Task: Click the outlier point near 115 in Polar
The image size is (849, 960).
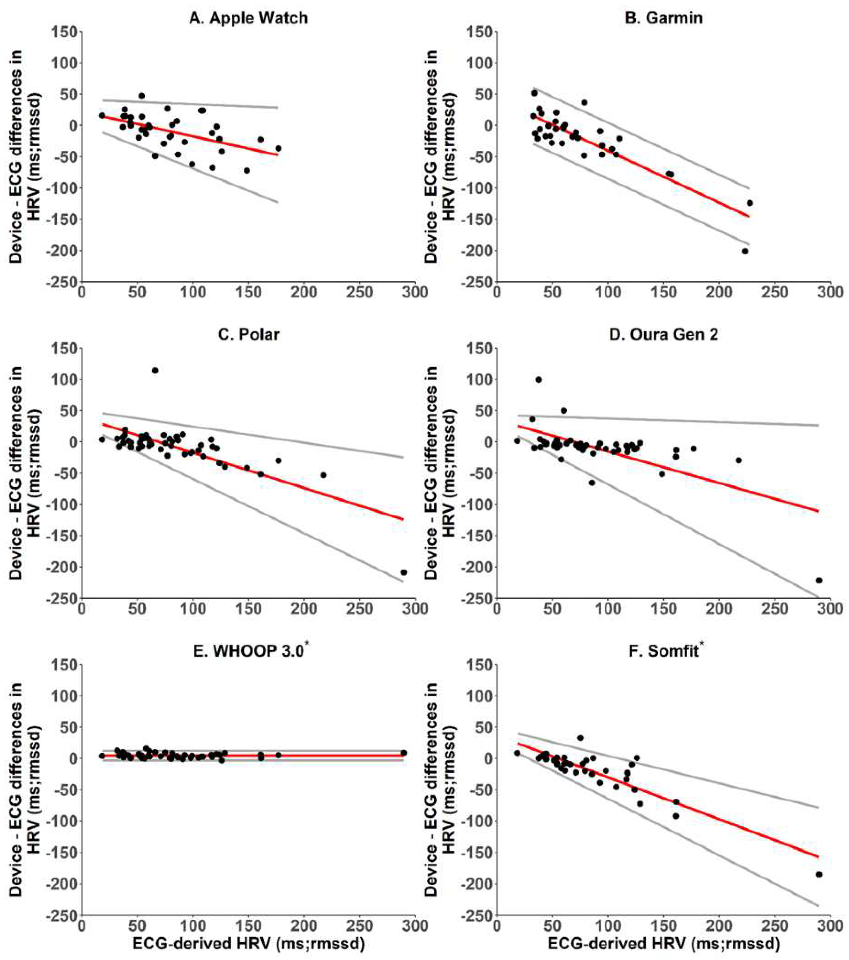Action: (x=155, y=370)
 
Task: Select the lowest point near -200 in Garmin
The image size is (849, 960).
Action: (x=745, y=251)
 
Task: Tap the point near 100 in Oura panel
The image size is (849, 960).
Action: (x=538, y=380)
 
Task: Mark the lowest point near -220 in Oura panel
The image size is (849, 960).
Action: (x=819, y=580)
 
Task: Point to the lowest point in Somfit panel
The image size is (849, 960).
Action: (x=819, y=874)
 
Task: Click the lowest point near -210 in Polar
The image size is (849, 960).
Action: (x=404, y=572)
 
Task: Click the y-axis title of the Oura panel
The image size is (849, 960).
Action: (x=439, y=473)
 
